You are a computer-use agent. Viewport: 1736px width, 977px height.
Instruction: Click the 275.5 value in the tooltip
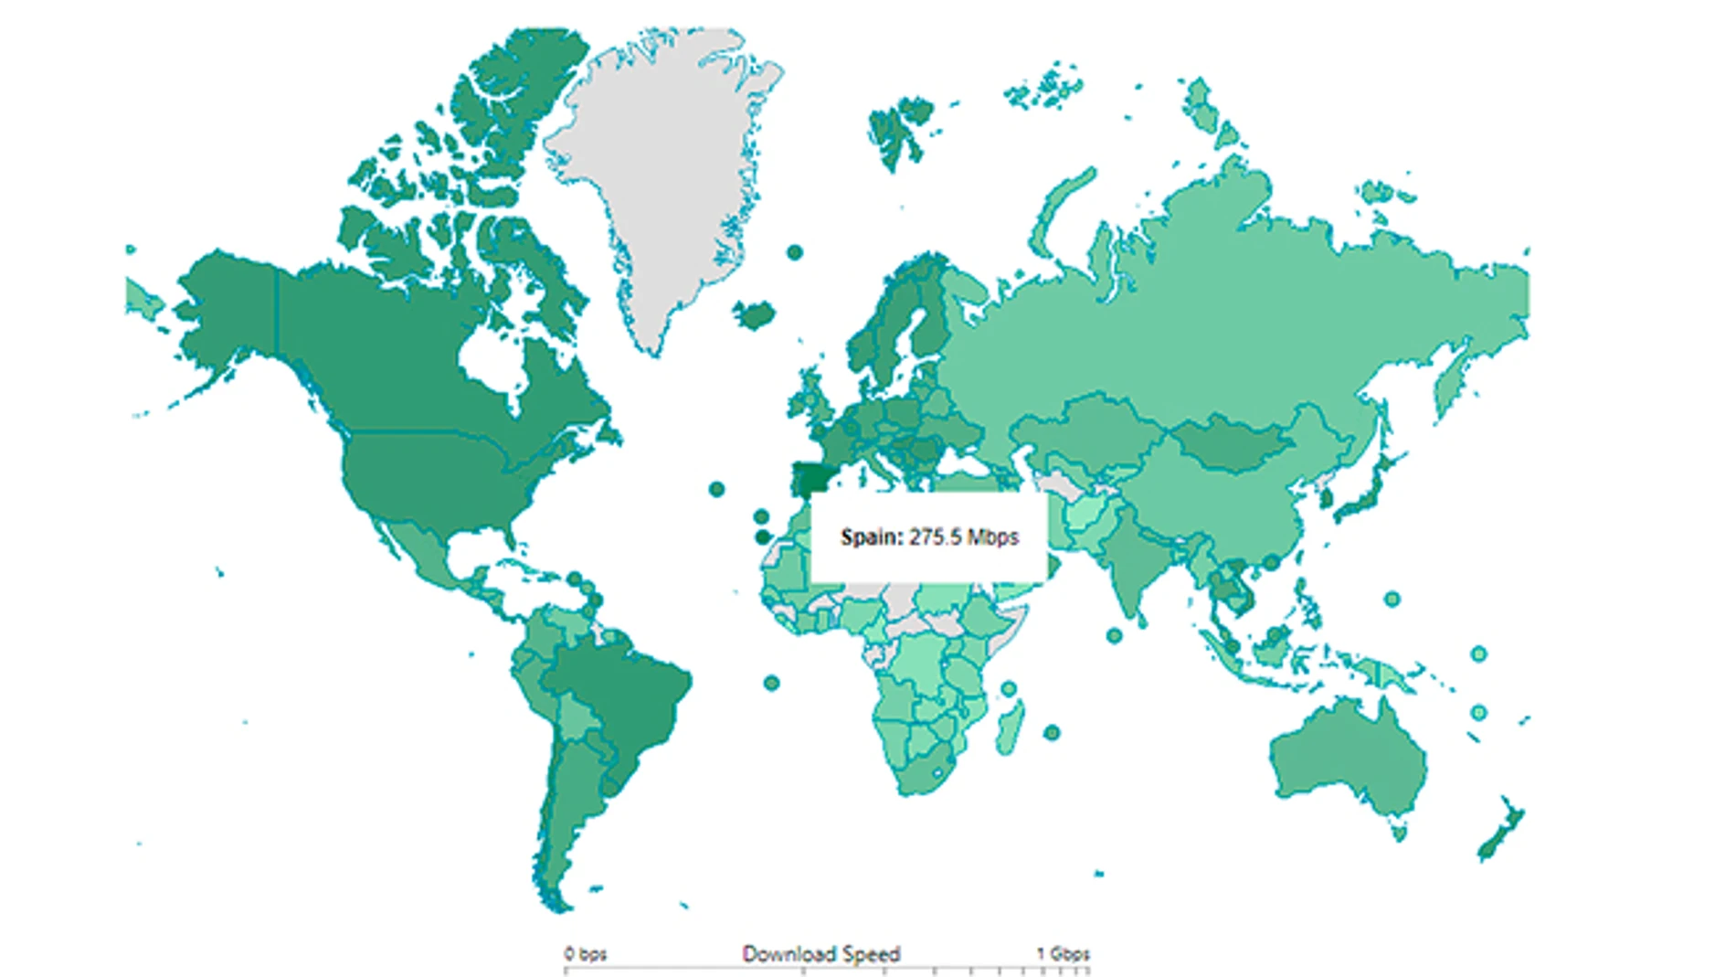pyautogui.click(x=934, y=536)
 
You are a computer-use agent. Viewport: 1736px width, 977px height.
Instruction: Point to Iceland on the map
pyautogui.click(x=756, y=315)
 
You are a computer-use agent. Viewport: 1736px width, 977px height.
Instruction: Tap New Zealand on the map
pyautogui.click(x=1498, y=832)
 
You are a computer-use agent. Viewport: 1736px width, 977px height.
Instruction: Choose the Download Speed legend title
pyautogui.click(x=820, y=954)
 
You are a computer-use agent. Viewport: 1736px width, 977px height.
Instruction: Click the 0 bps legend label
pyautogui.click(x=585, y=954)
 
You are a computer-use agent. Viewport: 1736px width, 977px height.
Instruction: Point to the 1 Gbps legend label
pyautogui.click(x=1063, y=954)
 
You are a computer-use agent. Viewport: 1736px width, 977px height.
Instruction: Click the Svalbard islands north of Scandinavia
pyautogui.click(x=900, y=128)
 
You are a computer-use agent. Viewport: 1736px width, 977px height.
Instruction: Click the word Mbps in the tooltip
pyautogui.click(x=992, y=536)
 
